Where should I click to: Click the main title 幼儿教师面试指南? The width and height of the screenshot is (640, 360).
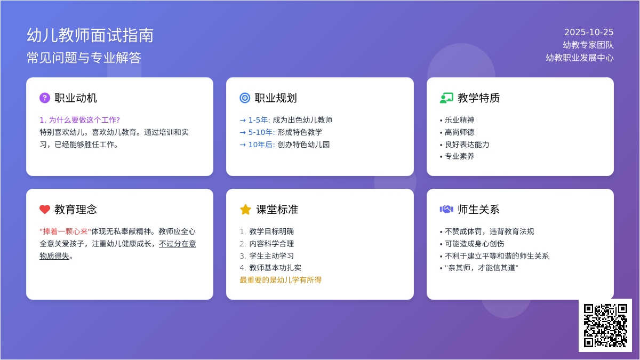(90, 35)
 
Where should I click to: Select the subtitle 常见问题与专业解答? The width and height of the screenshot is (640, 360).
(84, 58)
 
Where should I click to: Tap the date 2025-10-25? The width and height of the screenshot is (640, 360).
(589, 32)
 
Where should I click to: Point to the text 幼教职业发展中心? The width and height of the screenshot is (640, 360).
(580, 58)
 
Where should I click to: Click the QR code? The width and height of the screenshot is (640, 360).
(605, 325)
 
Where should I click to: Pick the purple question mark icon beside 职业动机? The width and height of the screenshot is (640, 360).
(45, 98)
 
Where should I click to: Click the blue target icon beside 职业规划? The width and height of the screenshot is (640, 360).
(245, 98)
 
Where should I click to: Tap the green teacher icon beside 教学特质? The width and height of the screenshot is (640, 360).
(446, 98)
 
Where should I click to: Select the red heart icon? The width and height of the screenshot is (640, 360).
(45, 209)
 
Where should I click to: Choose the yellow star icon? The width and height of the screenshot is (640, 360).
(245, 209)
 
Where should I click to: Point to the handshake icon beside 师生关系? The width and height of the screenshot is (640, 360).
(446, 209)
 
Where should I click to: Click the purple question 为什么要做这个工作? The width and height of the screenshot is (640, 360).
(80, 120)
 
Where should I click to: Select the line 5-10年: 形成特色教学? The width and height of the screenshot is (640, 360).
(281, 132)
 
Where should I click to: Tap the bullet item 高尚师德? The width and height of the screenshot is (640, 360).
(459, 132)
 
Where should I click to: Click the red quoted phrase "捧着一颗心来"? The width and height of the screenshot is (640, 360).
(65, 231)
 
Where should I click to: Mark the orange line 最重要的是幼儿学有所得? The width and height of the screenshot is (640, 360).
(281, 280)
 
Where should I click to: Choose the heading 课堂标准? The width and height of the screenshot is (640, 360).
(277, 210)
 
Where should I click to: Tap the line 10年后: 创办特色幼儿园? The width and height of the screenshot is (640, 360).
(285, 145)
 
